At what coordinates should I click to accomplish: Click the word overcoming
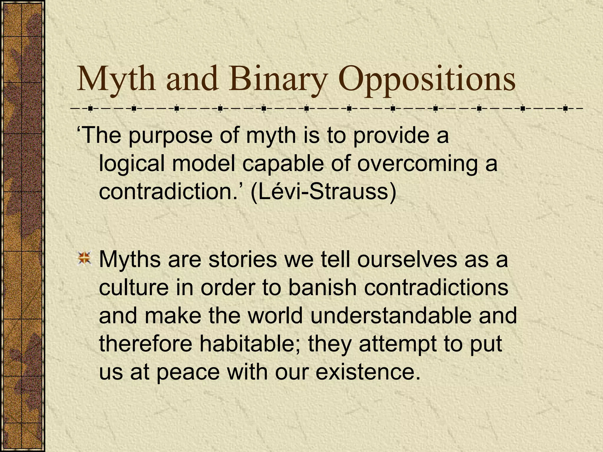(x=417, y=164)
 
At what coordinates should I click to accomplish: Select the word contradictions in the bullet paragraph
(x=436, y=287)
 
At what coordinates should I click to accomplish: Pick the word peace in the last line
(x=188, y=372)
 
